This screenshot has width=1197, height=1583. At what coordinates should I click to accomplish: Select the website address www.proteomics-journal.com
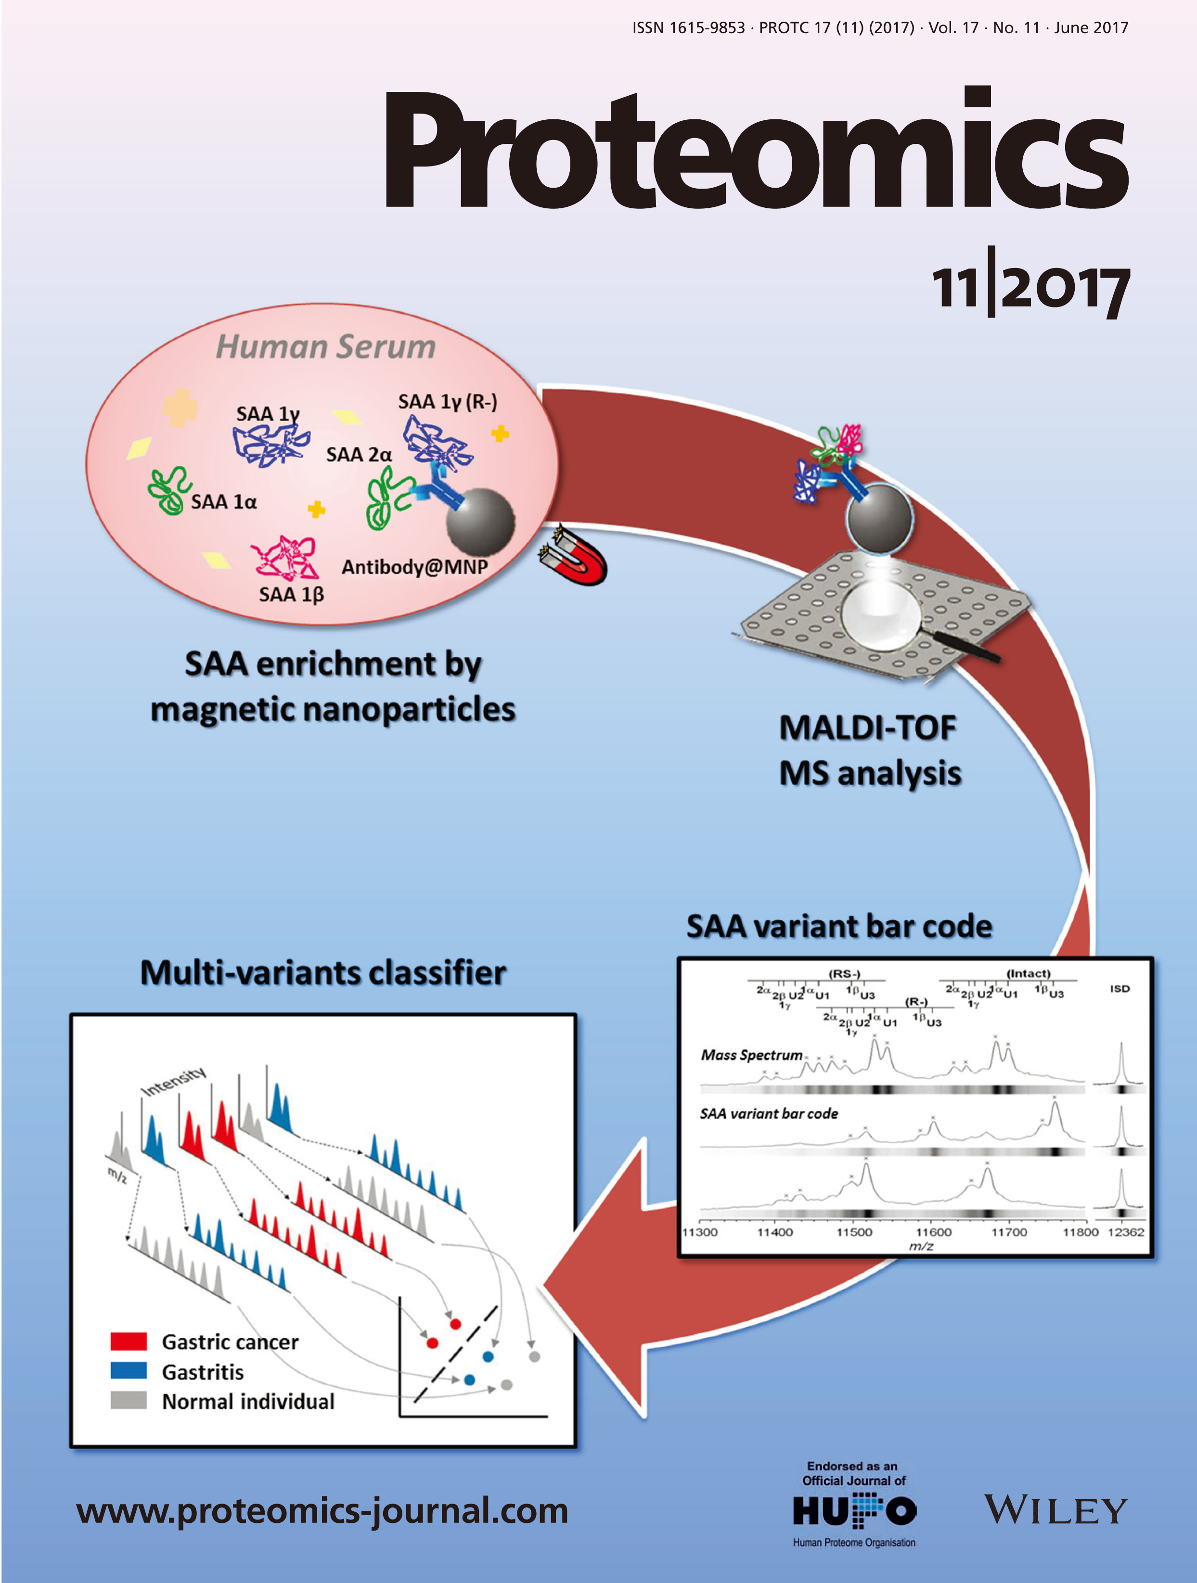(x=322, y=1511)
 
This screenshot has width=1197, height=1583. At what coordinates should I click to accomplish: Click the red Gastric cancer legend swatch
(x=129, y=1341)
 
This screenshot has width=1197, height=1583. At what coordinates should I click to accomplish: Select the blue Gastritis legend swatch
(x=129, y=1370)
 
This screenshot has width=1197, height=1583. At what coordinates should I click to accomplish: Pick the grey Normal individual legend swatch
(x=129, y=1400)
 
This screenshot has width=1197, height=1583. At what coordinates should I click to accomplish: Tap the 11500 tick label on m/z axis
(x=855, y=1232)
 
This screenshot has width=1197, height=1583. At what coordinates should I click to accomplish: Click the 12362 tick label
(x=1126, y=1232)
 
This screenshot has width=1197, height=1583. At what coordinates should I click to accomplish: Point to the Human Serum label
(x=326, y=346)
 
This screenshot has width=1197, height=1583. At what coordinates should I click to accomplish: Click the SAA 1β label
(x=291, y=594)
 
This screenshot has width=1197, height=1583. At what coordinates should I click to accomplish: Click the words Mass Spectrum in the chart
(x=752, y=1055)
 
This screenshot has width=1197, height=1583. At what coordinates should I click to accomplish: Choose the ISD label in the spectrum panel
(x=1120, y=988)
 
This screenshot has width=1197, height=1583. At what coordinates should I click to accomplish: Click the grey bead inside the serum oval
(x=480, y=520)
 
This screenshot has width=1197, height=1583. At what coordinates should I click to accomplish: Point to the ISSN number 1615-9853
(x=708, y=28)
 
